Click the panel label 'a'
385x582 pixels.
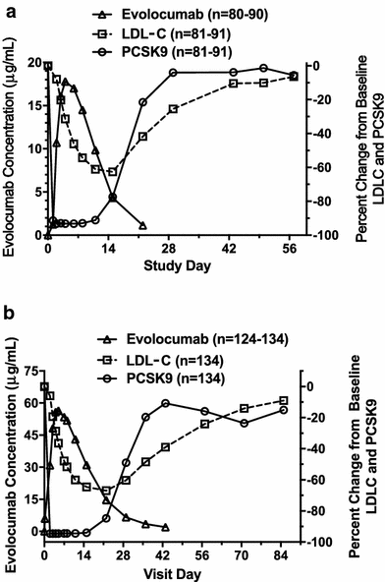8,8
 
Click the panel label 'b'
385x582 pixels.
8,313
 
